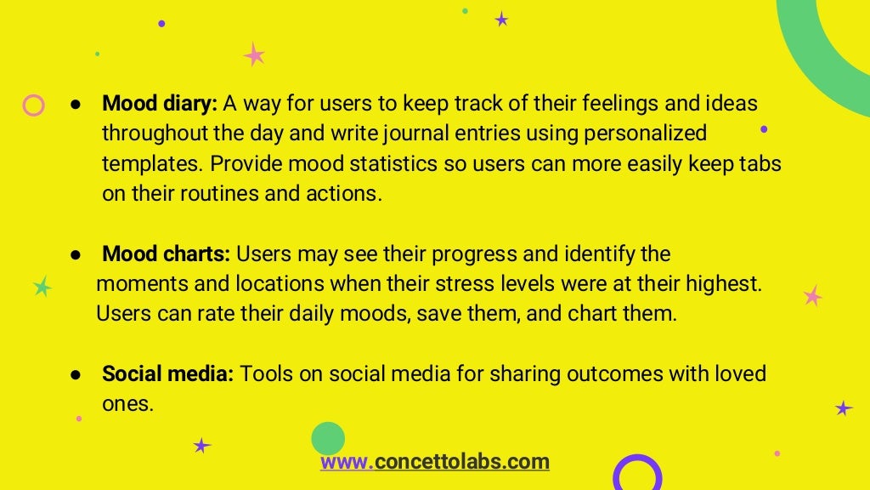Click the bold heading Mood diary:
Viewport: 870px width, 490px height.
(x=160, y=104)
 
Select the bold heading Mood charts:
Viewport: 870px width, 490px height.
(x=166, y=254)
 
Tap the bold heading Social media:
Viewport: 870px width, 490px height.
(x=167, y=374)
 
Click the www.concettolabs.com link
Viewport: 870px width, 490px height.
(x=434, y=462)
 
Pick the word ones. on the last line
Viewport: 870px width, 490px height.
(x=127, y=404)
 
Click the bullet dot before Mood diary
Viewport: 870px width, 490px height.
(x=76, y=105)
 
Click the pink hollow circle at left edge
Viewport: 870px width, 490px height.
(x=33, y=105)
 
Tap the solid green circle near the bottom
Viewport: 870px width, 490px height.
(x=328, y=439)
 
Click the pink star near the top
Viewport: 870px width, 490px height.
(x=254, y=55)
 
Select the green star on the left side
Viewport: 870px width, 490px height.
(x=42, y=287)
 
